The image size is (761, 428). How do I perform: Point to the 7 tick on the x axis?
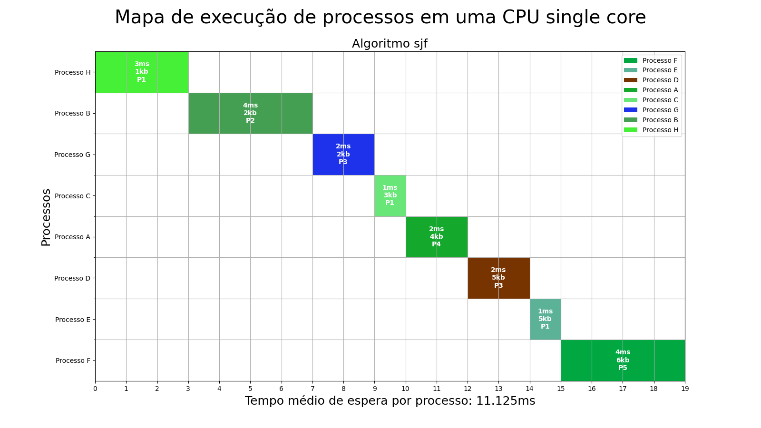[x=312, y=389]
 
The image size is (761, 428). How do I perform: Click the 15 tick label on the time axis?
[x=561, y=389]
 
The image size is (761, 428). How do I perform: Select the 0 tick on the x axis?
[x=95, y=389]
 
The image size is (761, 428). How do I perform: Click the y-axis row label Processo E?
[x=73, y=320]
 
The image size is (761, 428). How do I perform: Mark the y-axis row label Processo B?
[x=72, y=113]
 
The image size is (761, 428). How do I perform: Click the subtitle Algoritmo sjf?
[x=390, y=44]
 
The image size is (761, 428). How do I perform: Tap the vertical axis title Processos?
[x=46, y=217]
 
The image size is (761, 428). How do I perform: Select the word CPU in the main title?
[x=521, y=17]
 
